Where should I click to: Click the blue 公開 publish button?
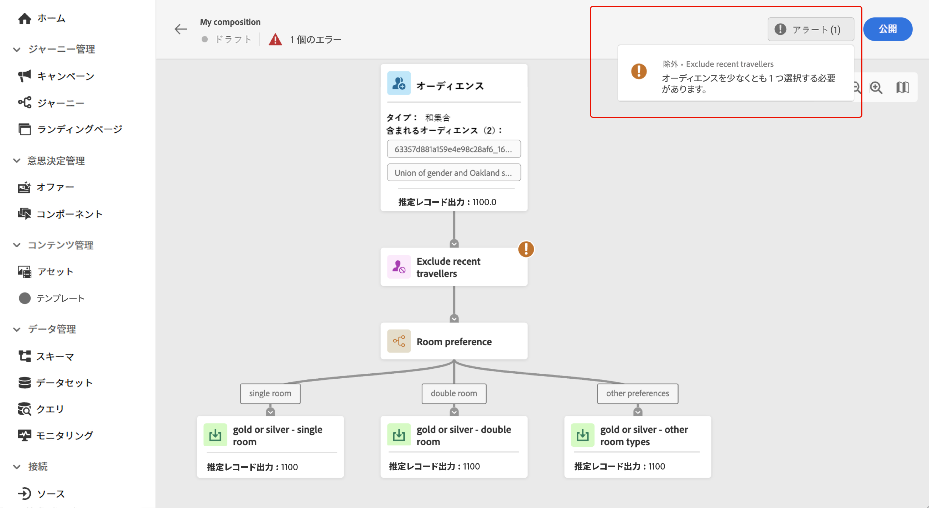click(887, 29)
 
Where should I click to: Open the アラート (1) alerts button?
click(810, 29)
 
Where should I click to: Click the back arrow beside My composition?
click(181, 29)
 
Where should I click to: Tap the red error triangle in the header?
click(275, 39)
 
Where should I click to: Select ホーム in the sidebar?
click(51, 18)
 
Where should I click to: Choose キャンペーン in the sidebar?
click(65, 76)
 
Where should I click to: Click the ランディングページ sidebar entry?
click(79, 129)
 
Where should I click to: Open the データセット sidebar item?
click(64, 383)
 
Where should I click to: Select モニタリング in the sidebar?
click(64, 435)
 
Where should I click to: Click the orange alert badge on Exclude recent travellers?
click(526, 249)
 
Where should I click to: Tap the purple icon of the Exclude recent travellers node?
click(399, 267)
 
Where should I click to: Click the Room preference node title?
click(454, 341)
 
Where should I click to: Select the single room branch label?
click(270, 393)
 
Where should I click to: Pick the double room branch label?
click(454, 393)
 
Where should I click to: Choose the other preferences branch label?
click(637, 393)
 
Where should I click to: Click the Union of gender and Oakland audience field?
click(453, 173)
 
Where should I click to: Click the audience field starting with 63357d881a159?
click(453, 149)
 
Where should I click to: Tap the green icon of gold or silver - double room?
click(399, 435)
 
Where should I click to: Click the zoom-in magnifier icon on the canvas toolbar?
click(876, 88)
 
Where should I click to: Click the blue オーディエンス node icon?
click(399, 83)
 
